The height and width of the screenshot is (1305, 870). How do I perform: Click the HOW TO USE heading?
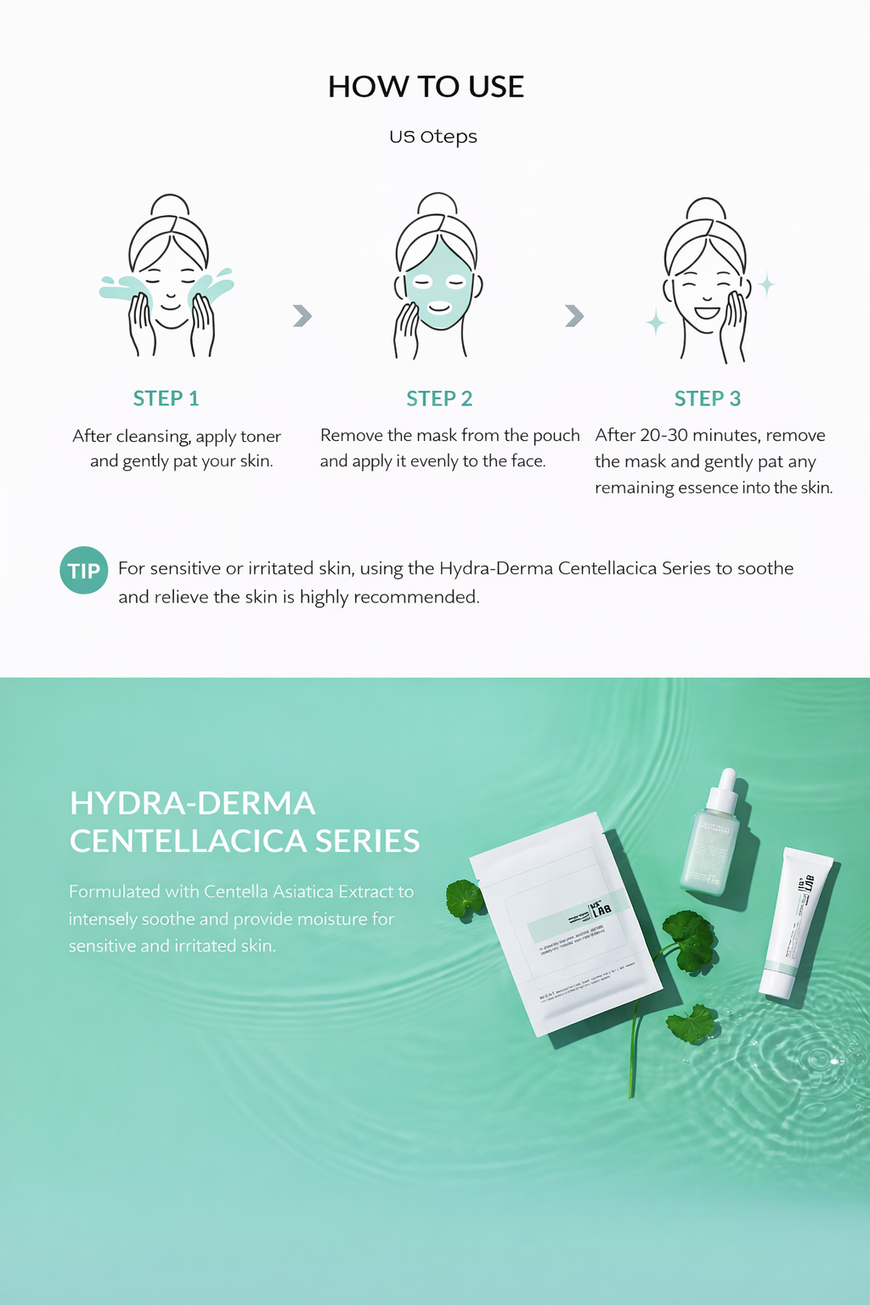click(x=426, y=87)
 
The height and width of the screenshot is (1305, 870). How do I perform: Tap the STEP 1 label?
click(x=166, y=398)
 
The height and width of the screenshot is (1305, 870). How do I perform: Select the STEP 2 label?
click(x=438, y=398)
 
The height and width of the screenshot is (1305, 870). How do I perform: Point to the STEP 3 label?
click(x=707, y=398)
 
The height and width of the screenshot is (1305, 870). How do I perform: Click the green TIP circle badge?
click(x=83, y=571)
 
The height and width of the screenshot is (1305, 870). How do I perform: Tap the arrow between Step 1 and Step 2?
click(x=302, y=316)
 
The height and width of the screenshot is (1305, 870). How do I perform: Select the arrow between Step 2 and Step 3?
click(x=574, y=316)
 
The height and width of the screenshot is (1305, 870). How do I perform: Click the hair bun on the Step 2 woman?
click(x=438, y=204)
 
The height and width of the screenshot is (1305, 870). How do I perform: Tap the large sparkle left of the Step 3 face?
click(x=655, y=323)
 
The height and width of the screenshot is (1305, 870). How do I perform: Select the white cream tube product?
click(x=794, y=922)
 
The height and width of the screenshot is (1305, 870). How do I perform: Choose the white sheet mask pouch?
click(x=565, y=926)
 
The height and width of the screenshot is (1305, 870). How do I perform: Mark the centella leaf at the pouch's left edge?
click(x=464, y=899)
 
